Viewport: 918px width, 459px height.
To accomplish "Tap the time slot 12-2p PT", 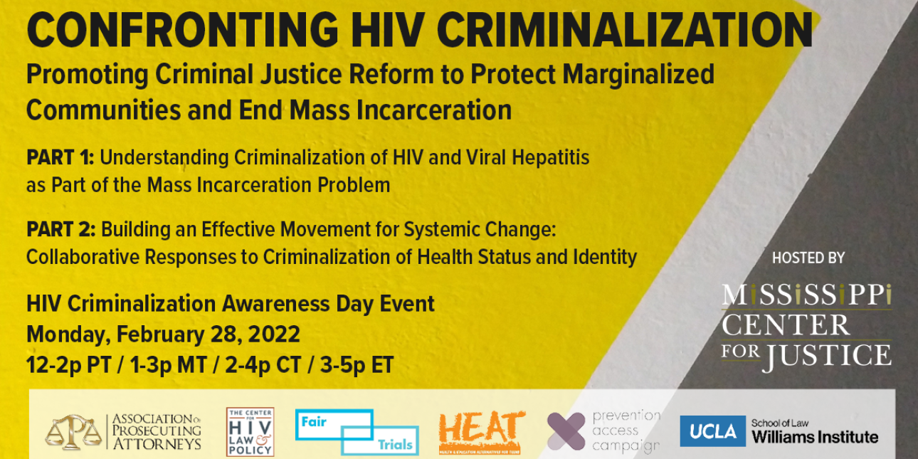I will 68,366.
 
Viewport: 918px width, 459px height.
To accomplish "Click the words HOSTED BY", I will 808,258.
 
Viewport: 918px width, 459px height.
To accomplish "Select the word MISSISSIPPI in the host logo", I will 806,295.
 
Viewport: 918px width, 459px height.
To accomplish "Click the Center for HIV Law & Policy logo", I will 250,431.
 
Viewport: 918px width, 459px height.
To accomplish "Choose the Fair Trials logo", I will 356,431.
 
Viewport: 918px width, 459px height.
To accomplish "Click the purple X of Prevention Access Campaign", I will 566,431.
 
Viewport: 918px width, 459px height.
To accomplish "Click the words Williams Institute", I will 815,437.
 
